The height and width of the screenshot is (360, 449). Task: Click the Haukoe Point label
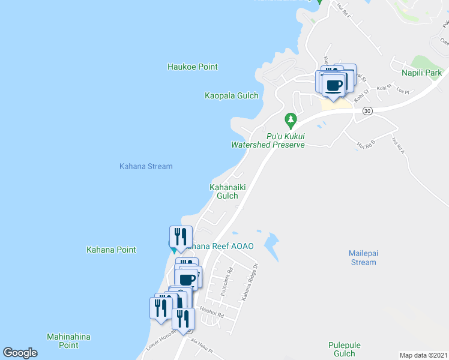point(192,67)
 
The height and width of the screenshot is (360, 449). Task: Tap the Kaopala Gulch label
point(231,95)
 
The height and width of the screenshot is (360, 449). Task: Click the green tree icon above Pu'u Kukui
point(291,119)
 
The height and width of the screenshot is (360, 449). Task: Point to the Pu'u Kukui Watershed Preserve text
point(268,140)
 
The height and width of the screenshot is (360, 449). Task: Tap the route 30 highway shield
point(368,111)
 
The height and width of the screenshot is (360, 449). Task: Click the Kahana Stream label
point(146,166)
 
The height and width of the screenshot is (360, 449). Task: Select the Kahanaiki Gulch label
point(228,191)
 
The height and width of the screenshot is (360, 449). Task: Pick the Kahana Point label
point(111,250)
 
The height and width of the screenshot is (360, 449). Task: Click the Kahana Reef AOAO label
point(221,246)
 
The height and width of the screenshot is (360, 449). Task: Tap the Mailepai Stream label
point(363,257)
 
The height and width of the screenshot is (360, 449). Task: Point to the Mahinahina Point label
point(68,341)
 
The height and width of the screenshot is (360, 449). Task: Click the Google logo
point(20,353)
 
